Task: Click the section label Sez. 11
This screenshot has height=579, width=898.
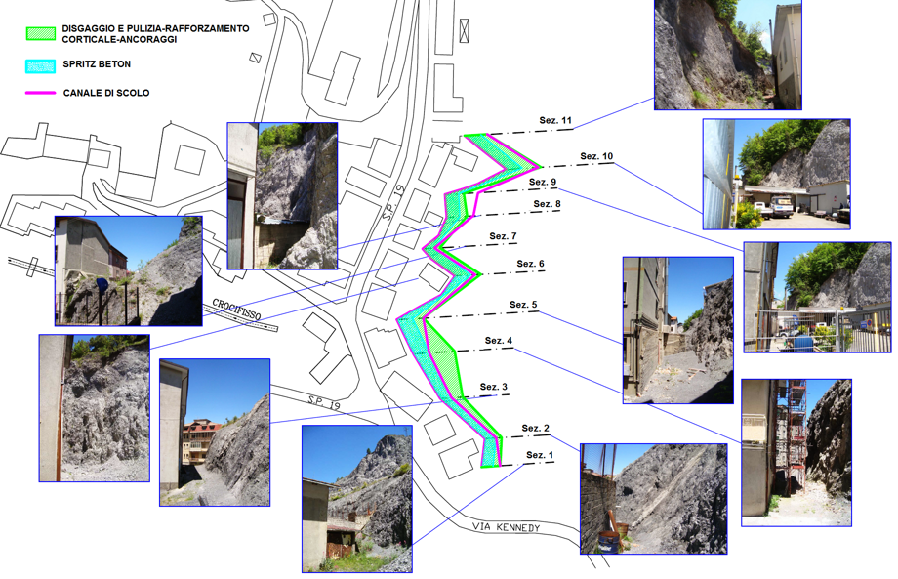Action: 555,120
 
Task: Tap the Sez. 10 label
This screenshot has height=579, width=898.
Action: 596,156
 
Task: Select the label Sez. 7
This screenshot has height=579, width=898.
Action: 503,236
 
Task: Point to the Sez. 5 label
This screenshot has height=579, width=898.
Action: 523,304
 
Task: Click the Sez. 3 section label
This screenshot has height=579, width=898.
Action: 494,387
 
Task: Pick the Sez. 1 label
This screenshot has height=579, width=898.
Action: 540,455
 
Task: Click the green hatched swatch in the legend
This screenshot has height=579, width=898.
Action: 41,33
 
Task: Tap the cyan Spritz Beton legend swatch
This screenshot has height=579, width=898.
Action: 41,65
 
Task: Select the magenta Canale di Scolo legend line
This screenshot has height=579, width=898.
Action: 41,93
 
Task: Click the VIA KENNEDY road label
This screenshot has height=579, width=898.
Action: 507,527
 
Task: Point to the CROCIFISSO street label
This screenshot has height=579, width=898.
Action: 236,310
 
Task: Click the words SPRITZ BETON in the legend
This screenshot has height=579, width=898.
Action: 97,64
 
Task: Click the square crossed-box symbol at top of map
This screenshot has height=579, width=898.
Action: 464,31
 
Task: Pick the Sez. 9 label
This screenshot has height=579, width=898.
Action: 543,182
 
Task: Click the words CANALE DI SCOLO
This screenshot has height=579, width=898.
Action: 106,93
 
